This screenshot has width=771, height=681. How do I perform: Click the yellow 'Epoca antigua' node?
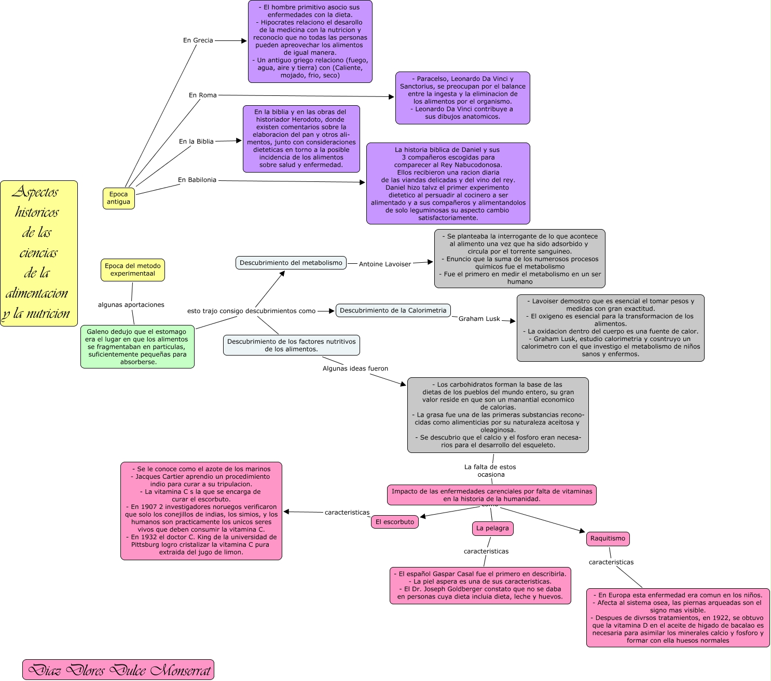pyautogui.click(x=119, y=198)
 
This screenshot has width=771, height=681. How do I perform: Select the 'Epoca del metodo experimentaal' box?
pyautogui.click(x=133, y=269)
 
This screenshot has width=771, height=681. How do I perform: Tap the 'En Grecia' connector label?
pyautogui.click(x=198, y=40)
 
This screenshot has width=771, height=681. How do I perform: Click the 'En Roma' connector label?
pyautogui.click(x=202, y=95)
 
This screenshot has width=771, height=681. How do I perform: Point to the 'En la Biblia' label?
pyautogui.click(x=196, y=141)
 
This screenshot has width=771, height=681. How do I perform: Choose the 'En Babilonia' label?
pyautogui.click(x=197, y=180)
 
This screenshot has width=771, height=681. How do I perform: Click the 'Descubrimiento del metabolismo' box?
pyautogui.click(x=291, y=263)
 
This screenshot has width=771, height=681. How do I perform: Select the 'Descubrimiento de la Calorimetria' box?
pyautogui.click(x=393, y=310)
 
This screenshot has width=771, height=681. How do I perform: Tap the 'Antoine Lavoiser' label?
pyautogui.click(x=384, y=264)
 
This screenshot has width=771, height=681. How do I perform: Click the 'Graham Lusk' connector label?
pyautogui.click(x=479, y=319)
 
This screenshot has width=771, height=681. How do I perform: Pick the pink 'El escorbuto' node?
pyautogui.click(x=395, y=522)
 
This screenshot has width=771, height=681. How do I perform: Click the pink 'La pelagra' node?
pyautogui.click(x=492, y=528)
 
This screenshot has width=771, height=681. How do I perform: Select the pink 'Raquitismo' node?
pyautogui.click(x=608, y=538)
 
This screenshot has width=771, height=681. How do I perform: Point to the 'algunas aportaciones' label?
pyautogui.click(x=131, y=305)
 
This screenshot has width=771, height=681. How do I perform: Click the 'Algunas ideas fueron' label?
pyautogui.click(x=355, y=368)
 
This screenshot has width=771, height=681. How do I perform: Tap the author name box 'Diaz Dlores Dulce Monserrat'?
pyautogui.click(x=118, y=670)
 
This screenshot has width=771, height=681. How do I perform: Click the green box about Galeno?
pyautogui.click(x=137, y=347)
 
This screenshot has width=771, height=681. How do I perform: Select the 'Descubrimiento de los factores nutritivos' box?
pyautogui.click(x=291, y=345)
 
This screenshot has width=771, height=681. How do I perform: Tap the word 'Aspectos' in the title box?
pyautogui.click(x=35, y=192)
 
